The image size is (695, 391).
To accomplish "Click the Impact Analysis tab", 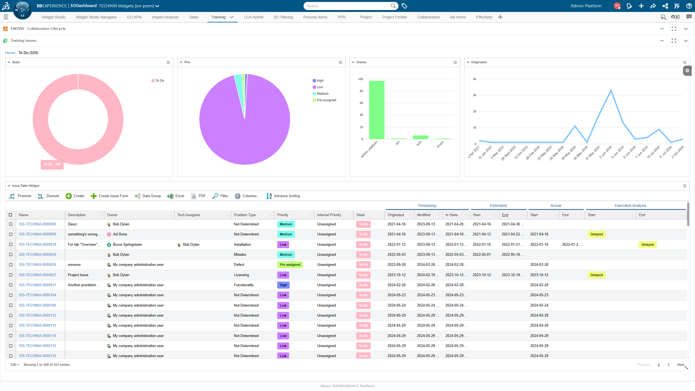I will [165, 17].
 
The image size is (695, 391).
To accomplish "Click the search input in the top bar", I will [347, 6].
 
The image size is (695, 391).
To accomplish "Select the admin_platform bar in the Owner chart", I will [377, 110].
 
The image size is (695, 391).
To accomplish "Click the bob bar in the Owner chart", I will [420, 137].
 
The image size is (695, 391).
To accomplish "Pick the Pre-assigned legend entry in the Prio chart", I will [326, 100].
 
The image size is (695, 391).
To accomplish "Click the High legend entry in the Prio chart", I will [320, 81].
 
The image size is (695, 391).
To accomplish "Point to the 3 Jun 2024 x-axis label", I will [606, 152].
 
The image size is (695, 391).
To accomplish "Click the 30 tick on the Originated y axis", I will [474, 95].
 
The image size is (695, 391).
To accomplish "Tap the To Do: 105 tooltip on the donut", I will [52, 164].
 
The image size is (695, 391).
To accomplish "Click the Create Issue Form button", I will [109, 196].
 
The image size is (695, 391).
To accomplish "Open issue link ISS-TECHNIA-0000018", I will [37, 245].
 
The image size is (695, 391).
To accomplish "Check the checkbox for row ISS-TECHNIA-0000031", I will [11, 285].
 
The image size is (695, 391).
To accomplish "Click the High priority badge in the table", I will [283, 285].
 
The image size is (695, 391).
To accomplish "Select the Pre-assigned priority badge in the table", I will [290, 265].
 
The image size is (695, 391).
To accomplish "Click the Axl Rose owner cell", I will [120, 234].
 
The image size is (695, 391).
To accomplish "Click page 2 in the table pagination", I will [668, 365].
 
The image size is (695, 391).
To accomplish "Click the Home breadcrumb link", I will [10, 53].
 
